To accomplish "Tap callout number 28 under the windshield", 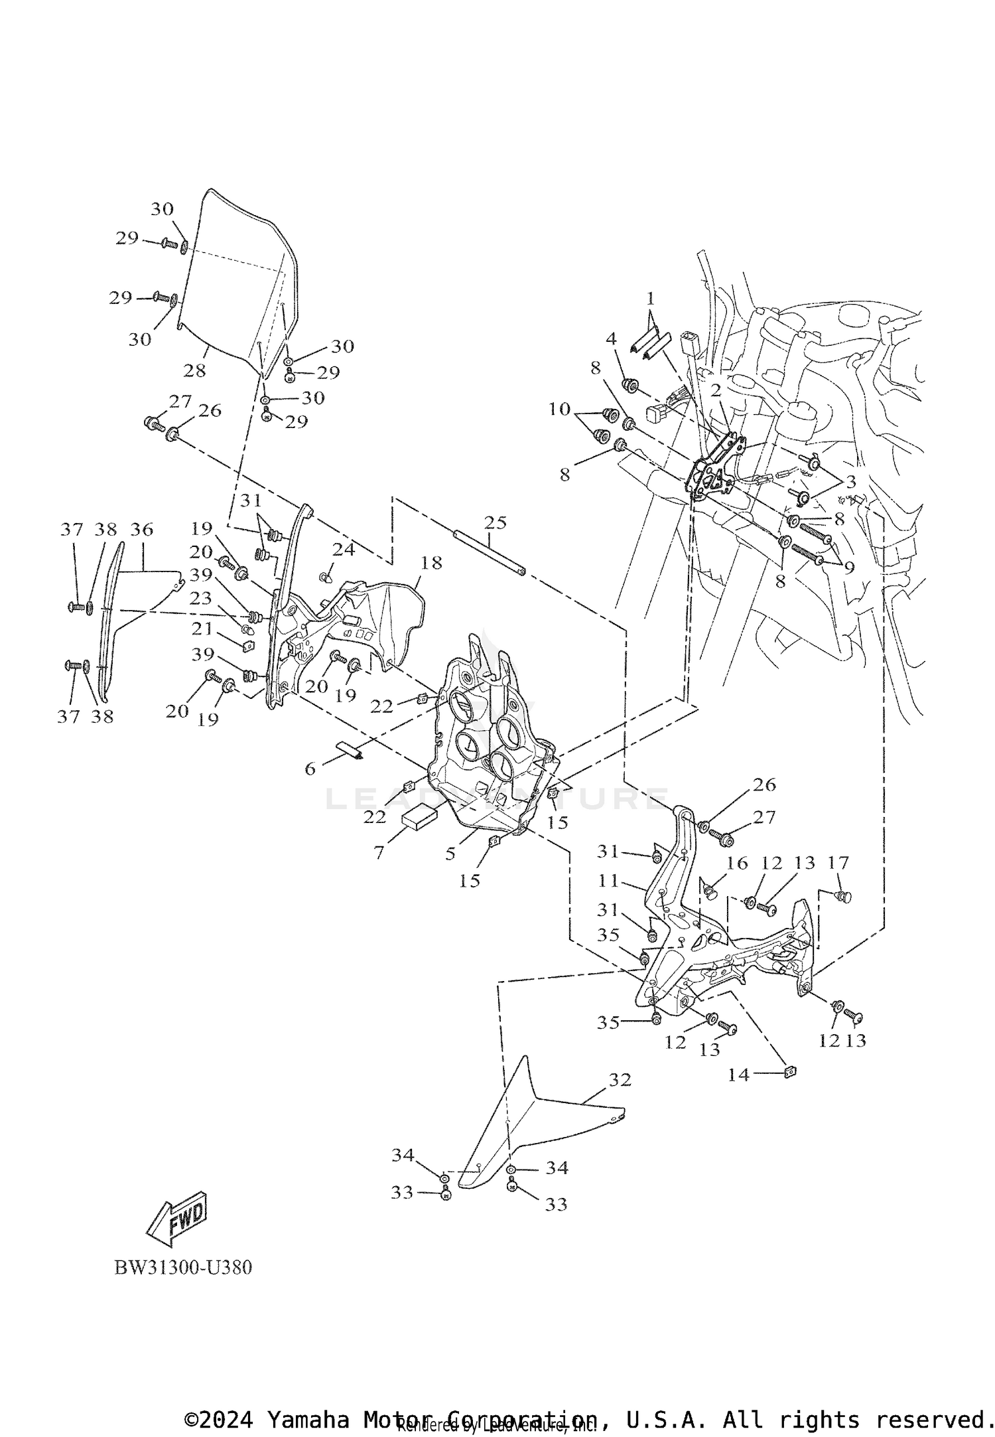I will coord(195,370).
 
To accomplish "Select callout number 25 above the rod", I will coord(495,522).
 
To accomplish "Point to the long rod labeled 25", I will coord(489,553).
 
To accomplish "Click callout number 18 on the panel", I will coord(431,563).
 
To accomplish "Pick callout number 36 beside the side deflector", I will coord(141,529).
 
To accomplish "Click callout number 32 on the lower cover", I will coord(620,1081).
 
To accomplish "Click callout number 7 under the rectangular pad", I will coord(379,852).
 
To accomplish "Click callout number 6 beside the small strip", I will coord(310,769).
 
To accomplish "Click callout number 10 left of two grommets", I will coord(559,409).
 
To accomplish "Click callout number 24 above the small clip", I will coord(344,550).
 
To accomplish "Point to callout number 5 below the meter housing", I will coord(450,854).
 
